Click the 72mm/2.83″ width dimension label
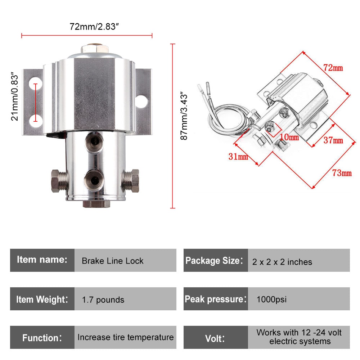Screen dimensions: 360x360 click(94, 27)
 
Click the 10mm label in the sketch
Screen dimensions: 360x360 click(289, 137)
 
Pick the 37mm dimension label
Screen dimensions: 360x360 click(333, 140)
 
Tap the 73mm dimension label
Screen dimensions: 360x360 click(342, 173)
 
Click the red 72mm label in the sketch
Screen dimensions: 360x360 click(333, 68)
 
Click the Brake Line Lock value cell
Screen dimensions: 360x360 click(113, 261)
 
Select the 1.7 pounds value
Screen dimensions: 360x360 click(103, 300)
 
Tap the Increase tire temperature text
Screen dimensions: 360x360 click(125, 337)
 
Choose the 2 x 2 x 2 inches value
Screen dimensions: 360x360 click(282, 262)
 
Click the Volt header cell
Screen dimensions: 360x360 click(215, 338)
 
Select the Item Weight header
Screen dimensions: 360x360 click(42, 299)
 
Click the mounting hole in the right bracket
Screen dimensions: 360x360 click(142, 101)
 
